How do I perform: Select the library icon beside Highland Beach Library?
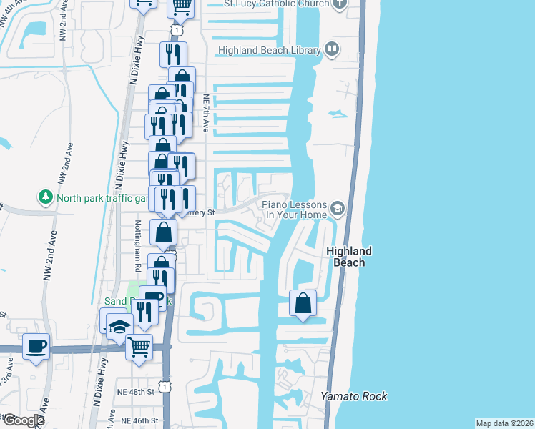331,49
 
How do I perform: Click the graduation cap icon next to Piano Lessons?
337,209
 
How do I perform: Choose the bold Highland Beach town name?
349,257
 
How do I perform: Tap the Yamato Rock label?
353,396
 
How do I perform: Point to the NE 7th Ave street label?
205,114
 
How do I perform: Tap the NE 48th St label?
137,392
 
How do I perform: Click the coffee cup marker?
36,347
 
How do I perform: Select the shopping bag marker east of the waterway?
303,302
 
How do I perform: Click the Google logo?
23,420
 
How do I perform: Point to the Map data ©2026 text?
504,423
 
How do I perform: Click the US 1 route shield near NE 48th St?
166,387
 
